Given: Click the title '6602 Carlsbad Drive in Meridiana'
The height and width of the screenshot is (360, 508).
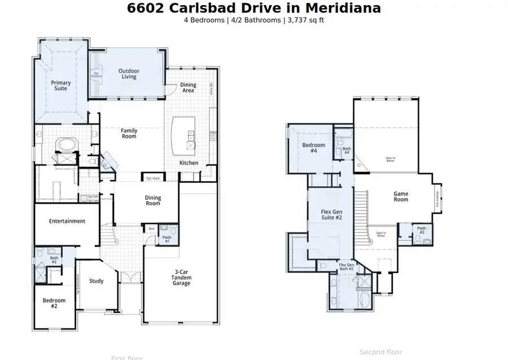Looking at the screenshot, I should tap(253, 8).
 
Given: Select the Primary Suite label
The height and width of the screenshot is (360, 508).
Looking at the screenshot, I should tap(61, 86).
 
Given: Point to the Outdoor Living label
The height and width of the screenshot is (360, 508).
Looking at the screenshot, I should tap(129, 74).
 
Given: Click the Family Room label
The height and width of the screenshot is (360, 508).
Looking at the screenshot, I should tap(129, 133).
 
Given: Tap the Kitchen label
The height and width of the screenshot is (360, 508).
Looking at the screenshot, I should tap(189, 163).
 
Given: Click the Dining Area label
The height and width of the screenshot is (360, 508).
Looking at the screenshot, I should tap(188, 87).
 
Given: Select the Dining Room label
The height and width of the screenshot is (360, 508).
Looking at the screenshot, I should tap(153, 200).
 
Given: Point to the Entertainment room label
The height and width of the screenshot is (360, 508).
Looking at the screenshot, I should tap(67, 221).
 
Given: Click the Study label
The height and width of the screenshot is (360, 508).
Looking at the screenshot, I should tap(97, 281).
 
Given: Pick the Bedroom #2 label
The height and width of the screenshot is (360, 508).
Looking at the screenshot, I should tap(54, 303).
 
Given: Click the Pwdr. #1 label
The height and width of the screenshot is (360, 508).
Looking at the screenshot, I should tap(167, 239).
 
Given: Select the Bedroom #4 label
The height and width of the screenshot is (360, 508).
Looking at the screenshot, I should tap(313, 148).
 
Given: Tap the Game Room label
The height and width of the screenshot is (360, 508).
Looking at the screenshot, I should tap(401, 196).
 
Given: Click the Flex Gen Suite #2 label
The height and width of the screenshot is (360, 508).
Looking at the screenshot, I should tap(332, 214).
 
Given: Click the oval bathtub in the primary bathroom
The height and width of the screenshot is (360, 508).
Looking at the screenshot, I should tap(67, 145).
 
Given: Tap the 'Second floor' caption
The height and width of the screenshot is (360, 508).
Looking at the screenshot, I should tap(381, 352).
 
